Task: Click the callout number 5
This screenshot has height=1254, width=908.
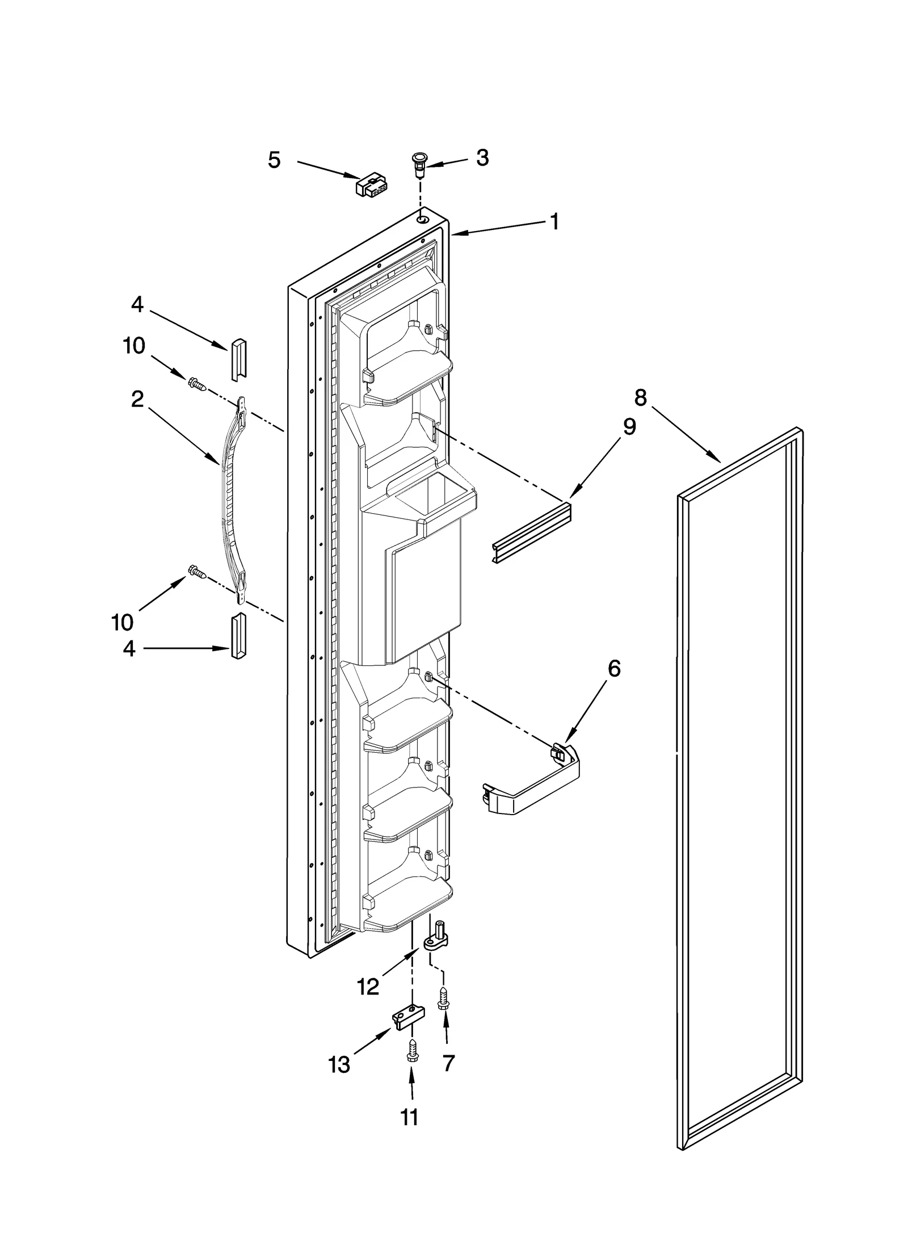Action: (274, 161)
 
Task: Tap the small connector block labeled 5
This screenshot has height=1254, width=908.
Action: (371, 185)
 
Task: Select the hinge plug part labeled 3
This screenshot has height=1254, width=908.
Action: (420, 163)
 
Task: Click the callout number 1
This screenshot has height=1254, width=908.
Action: (554, 222)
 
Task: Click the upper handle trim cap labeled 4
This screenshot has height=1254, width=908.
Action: (238, 359)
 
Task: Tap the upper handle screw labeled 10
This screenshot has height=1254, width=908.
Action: (197, 384)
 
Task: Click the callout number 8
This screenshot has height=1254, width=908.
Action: (640, 398)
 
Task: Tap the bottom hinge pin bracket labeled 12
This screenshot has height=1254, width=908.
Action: (438, 938)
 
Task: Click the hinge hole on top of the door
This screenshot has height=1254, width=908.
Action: (421, 219)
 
